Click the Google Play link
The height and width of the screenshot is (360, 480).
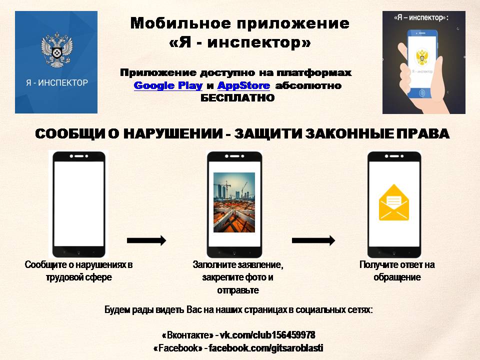point(168,85)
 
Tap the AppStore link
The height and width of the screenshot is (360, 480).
point(243,85)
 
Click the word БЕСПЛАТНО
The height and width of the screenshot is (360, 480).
point(237,98)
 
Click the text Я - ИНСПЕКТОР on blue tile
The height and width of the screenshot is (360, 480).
point(57,82)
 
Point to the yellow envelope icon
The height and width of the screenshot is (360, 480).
point(394,202)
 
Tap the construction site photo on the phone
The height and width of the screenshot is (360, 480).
point(234,202)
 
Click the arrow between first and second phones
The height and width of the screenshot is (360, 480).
point(146,240)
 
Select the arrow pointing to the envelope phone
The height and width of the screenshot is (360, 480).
point(313,240)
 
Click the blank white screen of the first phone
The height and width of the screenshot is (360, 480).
point(79,203)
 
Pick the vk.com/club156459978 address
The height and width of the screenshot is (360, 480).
point(267,335)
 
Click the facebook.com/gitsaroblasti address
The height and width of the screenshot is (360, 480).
point(265,348)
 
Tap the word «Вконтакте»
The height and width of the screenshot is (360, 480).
point(187,335)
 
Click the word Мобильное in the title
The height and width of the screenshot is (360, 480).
point(180,23)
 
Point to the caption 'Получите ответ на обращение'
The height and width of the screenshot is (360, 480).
point(397,271)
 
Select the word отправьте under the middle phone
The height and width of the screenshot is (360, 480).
point(238,290)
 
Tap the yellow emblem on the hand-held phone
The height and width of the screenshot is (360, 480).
point(422,57)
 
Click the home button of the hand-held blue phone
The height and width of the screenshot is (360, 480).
point(422,93)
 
